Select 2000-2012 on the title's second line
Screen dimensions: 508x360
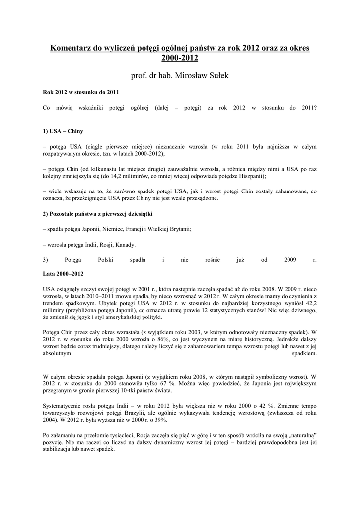[x=180, y=58]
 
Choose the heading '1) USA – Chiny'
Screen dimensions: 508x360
[x=63, y=132]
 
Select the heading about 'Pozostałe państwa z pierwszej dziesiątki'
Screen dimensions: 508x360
[x=97, y=213]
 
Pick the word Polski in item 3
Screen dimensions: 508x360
[x=106, y=259]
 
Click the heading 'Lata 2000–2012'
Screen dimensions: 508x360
[x=63, y=273]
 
